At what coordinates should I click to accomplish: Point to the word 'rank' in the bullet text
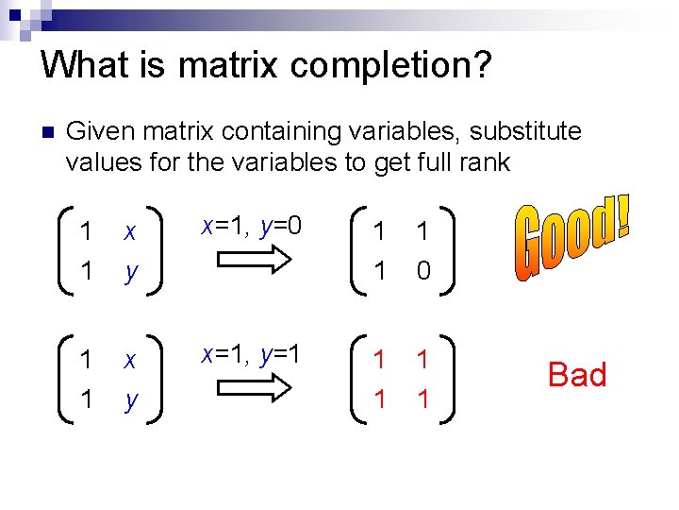coord(487,162)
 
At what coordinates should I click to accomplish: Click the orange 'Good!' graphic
coord(572,236)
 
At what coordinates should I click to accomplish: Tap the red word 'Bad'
coord(577,375)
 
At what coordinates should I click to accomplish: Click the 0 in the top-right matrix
coord(423,271)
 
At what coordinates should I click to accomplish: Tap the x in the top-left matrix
coord(130,232)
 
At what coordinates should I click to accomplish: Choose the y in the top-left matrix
coord(132,272)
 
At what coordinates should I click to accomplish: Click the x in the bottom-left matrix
coord(130,361)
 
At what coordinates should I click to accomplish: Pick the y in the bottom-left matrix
coord(132,400)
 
